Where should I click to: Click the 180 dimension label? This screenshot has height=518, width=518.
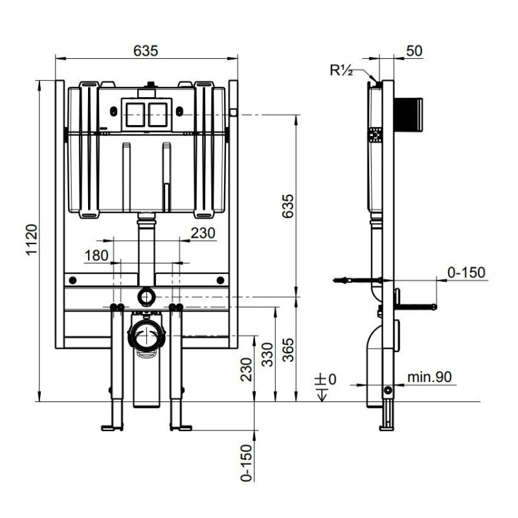(x=96, y=255)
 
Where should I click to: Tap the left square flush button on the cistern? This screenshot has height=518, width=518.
(x=134, y=114)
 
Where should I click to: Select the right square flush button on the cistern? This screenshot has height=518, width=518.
(x=157, y=114)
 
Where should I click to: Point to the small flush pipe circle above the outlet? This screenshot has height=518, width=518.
(x=147, y=297)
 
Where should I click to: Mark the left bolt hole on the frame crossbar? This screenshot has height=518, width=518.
(x=73, y=280)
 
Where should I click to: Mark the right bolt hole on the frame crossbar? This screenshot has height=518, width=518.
(x=221, y=280)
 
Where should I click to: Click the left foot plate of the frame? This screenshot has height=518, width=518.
(x=112, y=427)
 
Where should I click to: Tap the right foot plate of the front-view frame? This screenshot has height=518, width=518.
(x=181, y=427)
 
